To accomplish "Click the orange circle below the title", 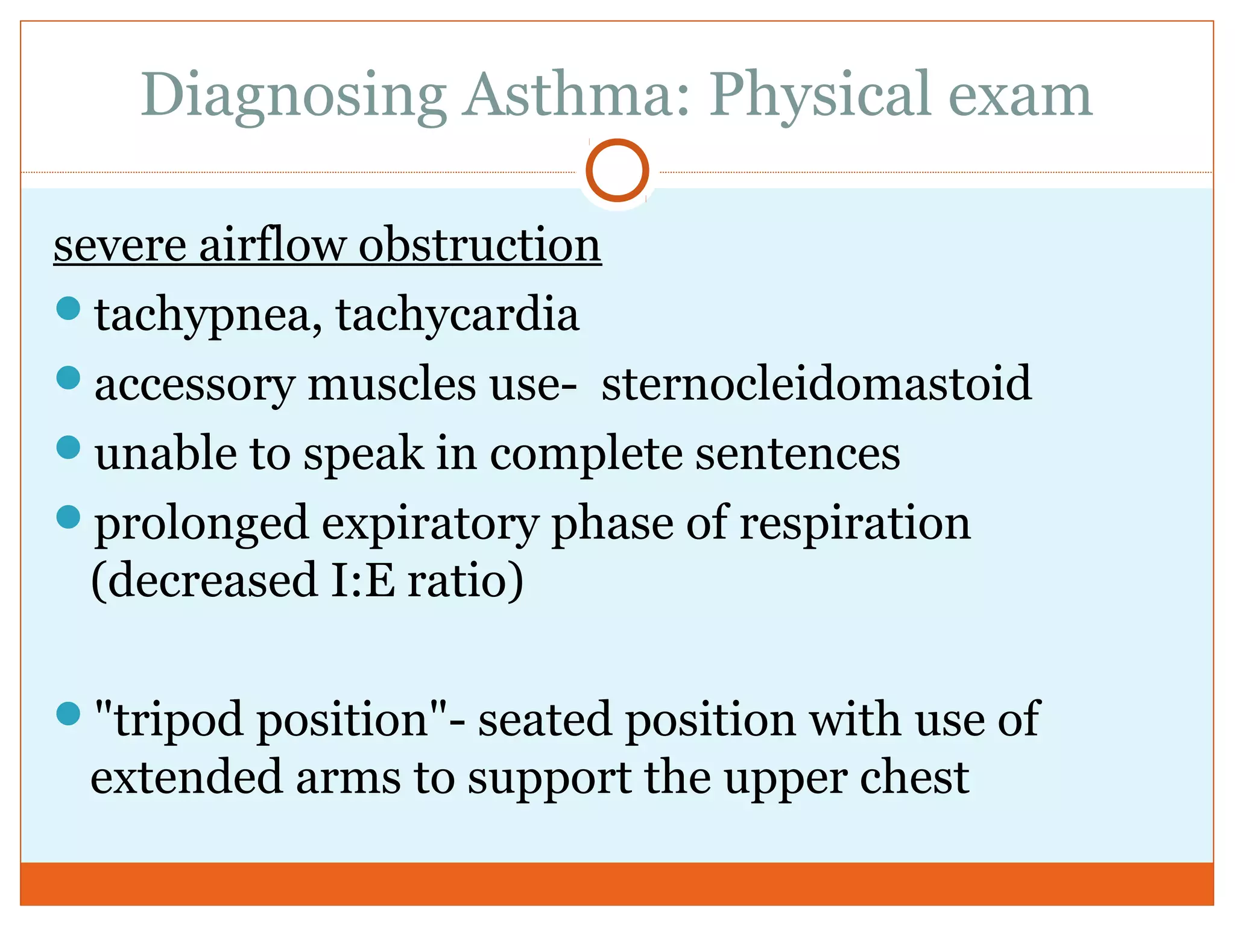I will tap(617, 170).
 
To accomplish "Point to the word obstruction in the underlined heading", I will tap(480, 245).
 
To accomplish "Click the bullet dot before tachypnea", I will tap(68, 308).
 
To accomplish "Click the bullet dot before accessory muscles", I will tap(68, 378).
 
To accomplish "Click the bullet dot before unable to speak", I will tap(68, 447).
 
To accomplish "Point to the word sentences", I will tap(798, 453).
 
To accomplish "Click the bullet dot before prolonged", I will tap(68, 517).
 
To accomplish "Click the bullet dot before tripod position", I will tap(68, 714).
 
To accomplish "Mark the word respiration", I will tap(854, 523).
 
